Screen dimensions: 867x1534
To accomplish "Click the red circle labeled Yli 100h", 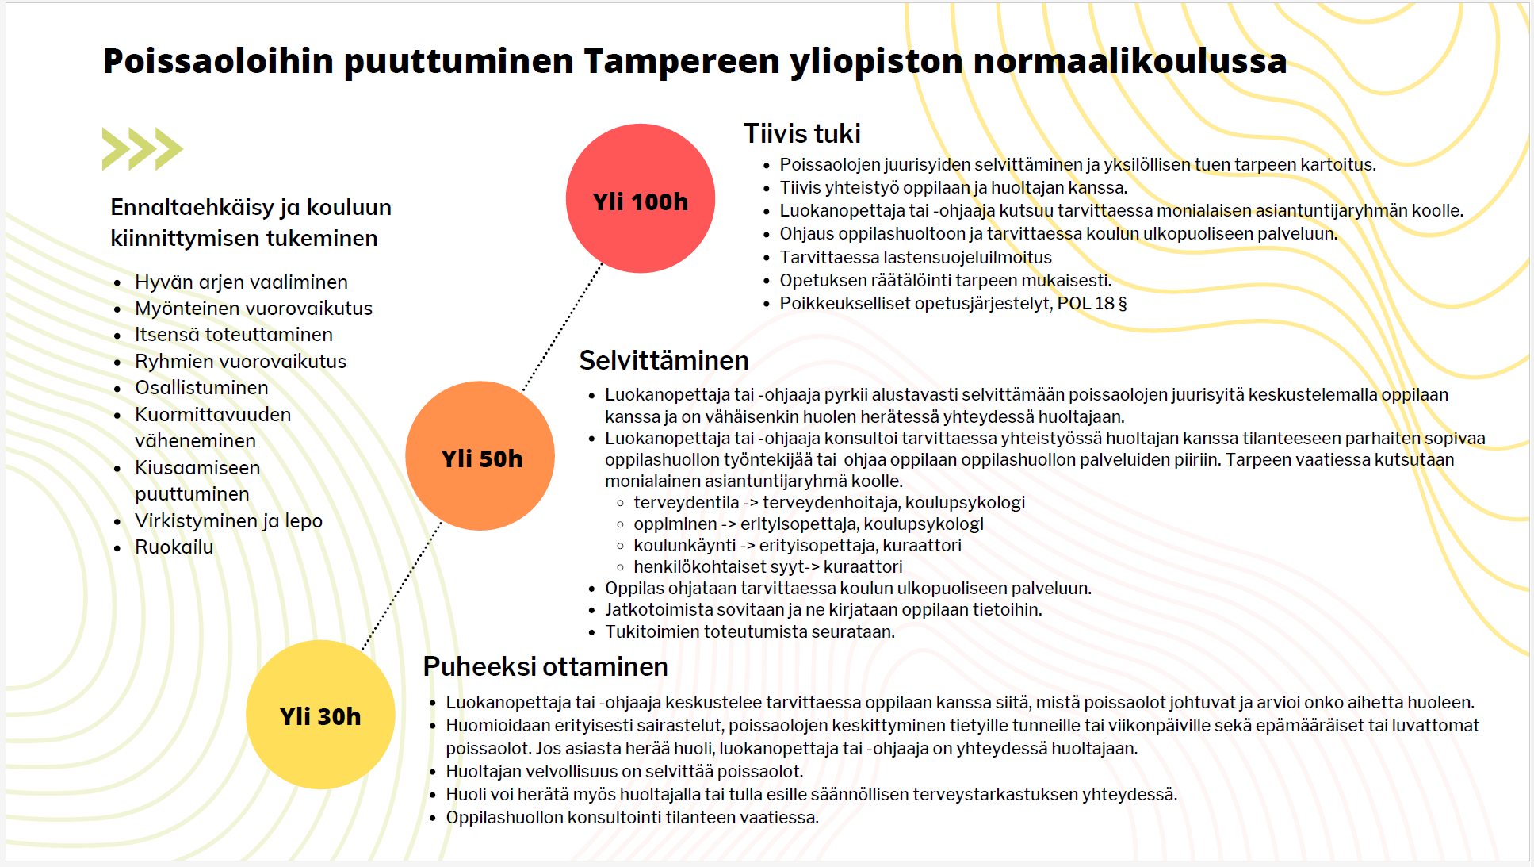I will (x=641, y=198).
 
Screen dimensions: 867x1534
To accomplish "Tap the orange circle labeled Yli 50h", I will (x=480, y=456).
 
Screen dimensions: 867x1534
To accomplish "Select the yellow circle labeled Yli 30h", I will (x=320, y=715).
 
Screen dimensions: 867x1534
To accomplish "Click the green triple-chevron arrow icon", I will (x=143, y=148).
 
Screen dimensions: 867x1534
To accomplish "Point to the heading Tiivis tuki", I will (x=801, y=133).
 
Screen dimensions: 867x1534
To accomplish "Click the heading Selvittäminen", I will (x=664, y=360).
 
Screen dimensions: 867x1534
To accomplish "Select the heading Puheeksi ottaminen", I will (x=545, y=666).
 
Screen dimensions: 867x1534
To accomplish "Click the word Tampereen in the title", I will (x=681, y=61).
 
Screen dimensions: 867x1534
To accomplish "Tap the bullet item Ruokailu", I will (x=174, y=547).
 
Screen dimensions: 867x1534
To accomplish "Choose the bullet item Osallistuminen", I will (x=201, y=388).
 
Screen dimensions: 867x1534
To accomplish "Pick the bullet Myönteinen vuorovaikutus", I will (x=254, y=309).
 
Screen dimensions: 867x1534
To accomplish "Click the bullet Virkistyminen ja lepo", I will (x=228, y=521).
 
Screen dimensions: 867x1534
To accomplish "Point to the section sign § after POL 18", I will (x=1122, y=304).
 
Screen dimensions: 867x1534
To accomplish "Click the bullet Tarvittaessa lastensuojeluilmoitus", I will (x=916, y=258).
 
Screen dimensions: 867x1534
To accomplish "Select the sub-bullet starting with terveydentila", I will (x=828, y=503).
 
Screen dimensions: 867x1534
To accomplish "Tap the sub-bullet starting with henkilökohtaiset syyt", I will (x=767, y=567).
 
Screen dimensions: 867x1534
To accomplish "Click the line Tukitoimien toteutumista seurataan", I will (x=749, y=632).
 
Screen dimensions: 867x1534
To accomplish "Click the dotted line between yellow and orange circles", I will (x=402, y=585).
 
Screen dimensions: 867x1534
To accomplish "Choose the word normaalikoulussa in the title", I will (x=1130, y=61).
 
